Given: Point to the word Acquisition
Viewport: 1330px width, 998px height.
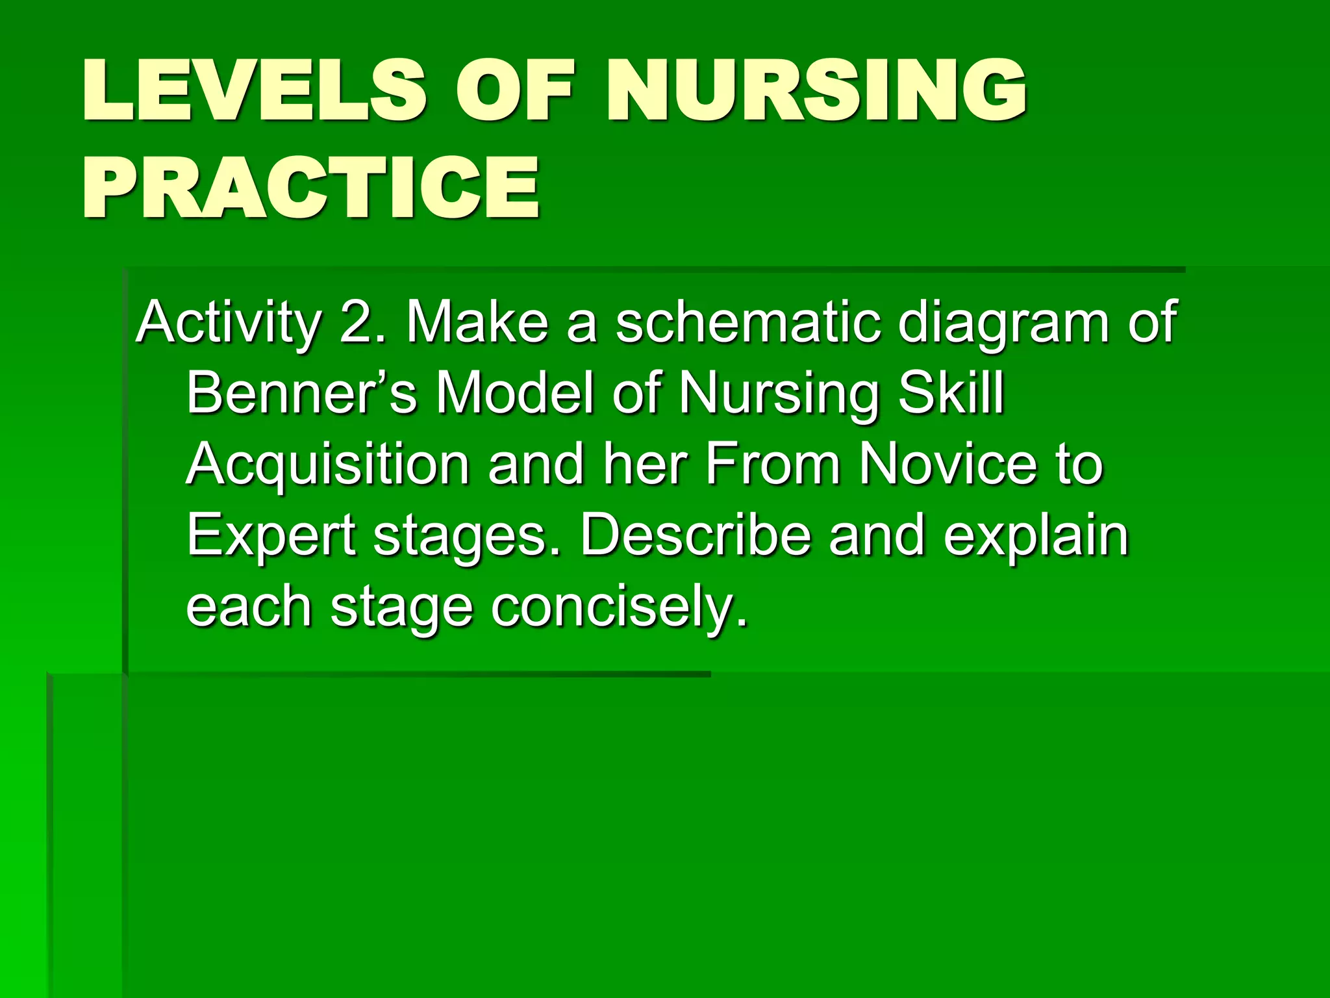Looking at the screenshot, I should click(x=327, y=465).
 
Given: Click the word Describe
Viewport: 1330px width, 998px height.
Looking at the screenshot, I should click(x=695, y=535).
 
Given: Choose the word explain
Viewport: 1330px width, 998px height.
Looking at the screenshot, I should click(x=1036, y=537).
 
